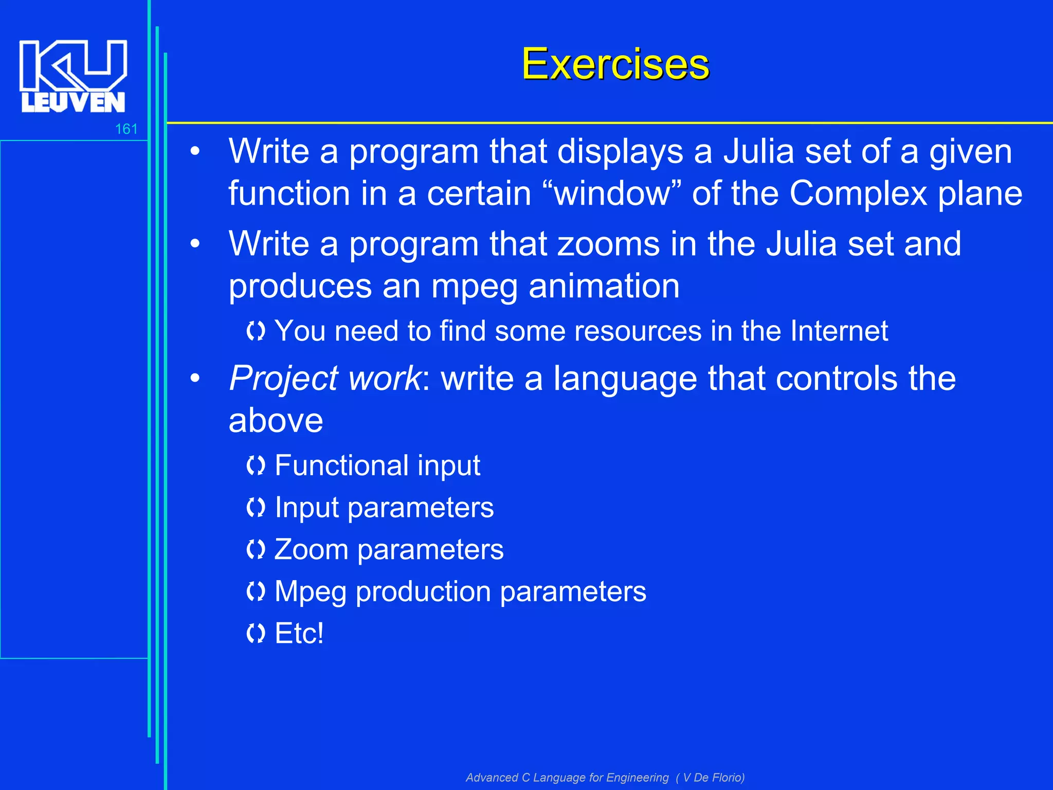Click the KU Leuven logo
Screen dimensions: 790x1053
73,76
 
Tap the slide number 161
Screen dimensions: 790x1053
126,129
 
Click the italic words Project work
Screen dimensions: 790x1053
325,379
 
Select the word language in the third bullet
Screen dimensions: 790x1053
625,379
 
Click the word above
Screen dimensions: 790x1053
276,421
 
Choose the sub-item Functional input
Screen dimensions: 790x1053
377,465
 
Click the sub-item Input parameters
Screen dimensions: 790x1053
384,508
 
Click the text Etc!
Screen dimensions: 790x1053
299,633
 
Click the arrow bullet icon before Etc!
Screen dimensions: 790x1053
256,634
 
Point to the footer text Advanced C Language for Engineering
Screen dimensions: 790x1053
567,777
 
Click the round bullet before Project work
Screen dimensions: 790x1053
195,379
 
